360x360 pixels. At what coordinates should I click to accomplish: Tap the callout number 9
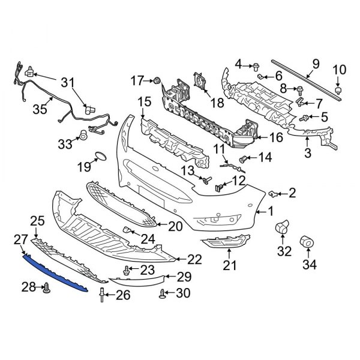(x=314, y=64)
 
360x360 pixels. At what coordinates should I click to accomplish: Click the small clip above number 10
(x=339, y=89)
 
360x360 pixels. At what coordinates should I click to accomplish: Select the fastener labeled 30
(x=163, y=293)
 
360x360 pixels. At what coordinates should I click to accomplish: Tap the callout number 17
(x=138, y=79)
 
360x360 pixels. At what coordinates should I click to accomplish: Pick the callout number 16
(x=276, y=138)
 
